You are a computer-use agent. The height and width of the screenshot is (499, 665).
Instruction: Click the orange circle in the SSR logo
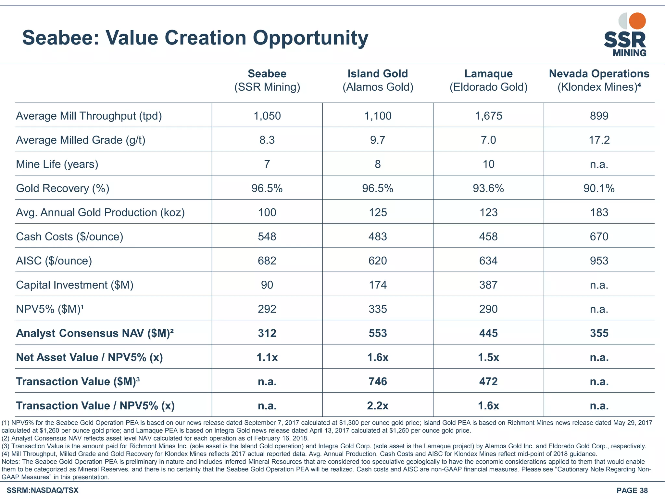(x=637, y=21)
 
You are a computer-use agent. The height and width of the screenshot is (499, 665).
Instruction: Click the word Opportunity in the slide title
(x=310, y=38)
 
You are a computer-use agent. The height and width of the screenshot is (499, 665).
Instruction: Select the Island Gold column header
(x=378, y=80)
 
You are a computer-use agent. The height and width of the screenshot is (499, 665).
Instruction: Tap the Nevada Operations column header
(x=599, y=80)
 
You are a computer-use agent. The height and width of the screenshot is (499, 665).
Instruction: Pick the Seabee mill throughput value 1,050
(x=267, y=116)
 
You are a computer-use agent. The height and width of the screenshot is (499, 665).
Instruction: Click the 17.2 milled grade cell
(x=599, y=140)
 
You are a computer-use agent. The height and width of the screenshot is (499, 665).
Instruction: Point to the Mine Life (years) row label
(x=57, y=164)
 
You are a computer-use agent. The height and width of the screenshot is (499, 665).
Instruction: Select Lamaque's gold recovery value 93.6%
(x=488, y=188)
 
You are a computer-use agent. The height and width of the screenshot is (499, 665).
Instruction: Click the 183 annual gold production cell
(x=599, y=212)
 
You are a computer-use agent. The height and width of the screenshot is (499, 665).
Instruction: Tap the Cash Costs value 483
(x=378, y=237)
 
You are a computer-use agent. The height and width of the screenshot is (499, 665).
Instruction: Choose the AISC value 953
(x=599, y=261)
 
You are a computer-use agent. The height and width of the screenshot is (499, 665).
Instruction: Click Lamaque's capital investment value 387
(x=488, y=285)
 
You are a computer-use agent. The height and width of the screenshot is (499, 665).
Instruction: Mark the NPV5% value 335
(x=378, y=309)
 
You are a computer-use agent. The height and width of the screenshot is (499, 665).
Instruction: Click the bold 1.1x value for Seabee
(x=267, y=357)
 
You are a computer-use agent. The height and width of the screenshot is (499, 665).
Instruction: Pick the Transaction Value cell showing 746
(x=378, y=381)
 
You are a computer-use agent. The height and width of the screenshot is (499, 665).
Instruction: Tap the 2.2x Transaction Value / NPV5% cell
(x=378, y=406)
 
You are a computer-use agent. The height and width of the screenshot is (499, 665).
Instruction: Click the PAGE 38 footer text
(x=632, y=490)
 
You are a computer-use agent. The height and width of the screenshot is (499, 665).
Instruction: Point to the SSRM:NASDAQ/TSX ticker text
(x=43, y=490)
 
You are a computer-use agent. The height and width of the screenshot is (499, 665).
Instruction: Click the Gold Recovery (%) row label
(x=63, y=188)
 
